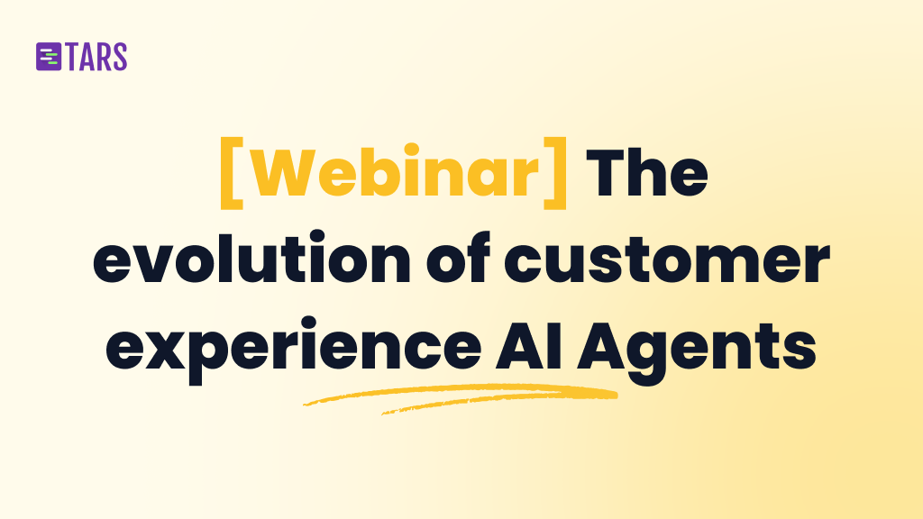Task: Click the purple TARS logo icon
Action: [48, 57]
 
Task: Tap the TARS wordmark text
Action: [96, 57]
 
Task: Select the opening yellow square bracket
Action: [231, 172]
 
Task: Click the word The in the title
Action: [646, 172]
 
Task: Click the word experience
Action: [293, 348]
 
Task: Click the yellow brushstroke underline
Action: [460, 397]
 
